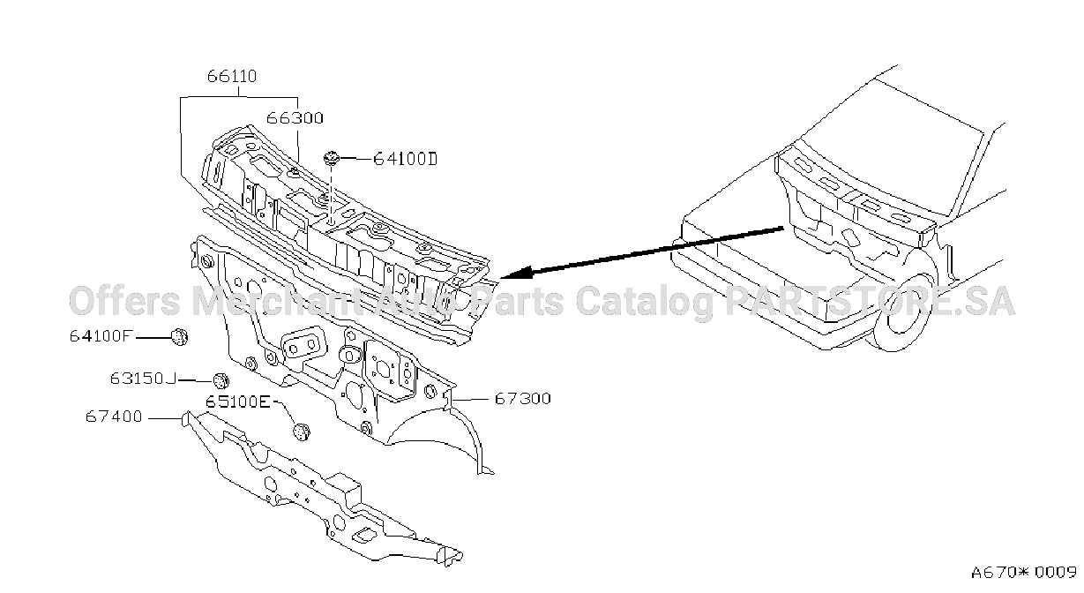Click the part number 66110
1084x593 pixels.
pyautogui.click(x=232, y=76)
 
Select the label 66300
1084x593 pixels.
pyautogui.click(x=295, y=118)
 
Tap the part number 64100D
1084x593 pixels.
pyautogui.click(x=406, y=159)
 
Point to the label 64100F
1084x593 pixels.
pyautogui.click(x=101, y=336)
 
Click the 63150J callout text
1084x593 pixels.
pyautogui.click(x=143, y=378)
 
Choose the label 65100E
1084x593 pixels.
pyautogui.click(x=237, y=402)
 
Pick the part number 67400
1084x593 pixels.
pyautogui.click(x=114, y=417)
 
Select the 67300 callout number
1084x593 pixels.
pyautogui.click(x=523, y=398)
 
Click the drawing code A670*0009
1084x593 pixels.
pyautogui.click(x=1023, y=572)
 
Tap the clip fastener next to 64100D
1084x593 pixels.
pyautogui.click(x=332, y=158)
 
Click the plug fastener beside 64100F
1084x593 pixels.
pyautogui.click(x=180, y=336)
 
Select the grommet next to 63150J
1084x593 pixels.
pyautogui.click(x=221, y=380)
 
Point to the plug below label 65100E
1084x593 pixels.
pyautogui.click(x=302, y=432)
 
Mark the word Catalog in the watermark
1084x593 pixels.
pyautogui.click(x=644, y=301)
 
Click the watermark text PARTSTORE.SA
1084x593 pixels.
pyautogui.click(x=870, y=301)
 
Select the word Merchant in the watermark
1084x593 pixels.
pyautogui.click(x=277, y=301)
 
